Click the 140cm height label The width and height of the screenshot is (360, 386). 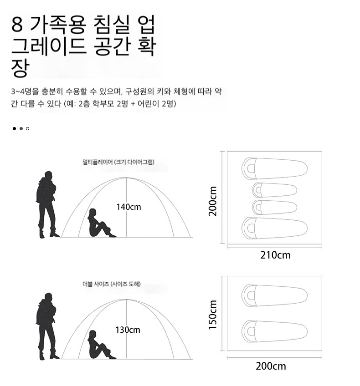pos(129,207)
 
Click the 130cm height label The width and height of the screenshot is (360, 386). pos(128,330)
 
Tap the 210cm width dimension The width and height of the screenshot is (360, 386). pos(275,255)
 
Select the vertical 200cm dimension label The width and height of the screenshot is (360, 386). pos(213,201)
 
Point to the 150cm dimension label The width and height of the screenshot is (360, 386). pos(213,315)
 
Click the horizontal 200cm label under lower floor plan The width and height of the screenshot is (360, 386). pos(271,366)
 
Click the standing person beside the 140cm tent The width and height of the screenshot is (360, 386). pos(47,204)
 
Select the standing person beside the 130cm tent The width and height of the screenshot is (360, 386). pos(47,326)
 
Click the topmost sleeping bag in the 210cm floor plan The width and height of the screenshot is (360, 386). pos(274,168)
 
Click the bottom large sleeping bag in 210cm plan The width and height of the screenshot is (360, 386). pos(274,228)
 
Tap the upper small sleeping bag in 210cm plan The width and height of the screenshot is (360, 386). pos(274,190)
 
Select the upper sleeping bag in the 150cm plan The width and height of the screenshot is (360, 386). pos(274,296)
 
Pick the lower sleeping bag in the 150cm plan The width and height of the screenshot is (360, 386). pos(274,331)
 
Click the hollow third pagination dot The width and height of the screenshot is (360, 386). pos(28,128)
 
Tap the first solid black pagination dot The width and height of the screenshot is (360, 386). pos(14,128)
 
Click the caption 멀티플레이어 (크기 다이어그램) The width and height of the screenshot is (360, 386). pos(118,162)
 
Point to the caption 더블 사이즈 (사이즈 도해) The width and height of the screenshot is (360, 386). pos(111,284)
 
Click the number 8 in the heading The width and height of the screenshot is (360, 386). pos(17,25)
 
